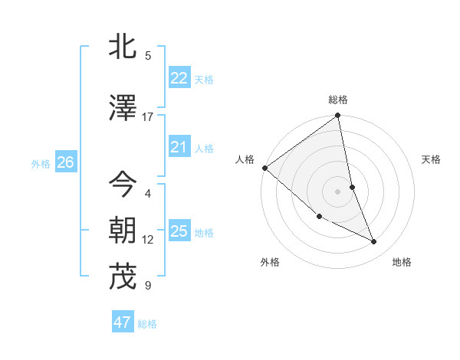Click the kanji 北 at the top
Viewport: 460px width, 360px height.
point(123,47)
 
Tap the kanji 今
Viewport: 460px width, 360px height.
point(123,185)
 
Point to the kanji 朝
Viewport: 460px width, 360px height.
point(123,231)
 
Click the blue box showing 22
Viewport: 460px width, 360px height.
point(179,78)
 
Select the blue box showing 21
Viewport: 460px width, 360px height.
point(179,147)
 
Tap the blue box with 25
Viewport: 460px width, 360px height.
point(179,231)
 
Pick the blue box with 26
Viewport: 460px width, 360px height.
point(65,162)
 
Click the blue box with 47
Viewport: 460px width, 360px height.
point(122,322)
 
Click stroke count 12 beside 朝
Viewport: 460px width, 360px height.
point(148,240)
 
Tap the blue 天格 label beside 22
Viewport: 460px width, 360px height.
point(204,80)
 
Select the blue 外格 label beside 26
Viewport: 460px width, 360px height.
point(41,163)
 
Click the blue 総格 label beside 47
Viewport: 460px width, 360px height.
point(147,324)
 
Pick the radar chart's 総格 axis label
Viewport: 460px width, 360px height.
point(338,100)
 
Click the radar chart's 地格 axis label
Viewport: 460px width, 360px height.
point(402,262)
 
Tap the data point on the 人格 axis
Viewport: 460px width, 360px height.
point(264,168)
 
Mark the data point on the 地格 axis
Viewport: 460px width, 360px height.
point(374,242)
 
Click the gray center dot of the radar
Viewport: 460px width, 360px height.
point(338,191)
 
